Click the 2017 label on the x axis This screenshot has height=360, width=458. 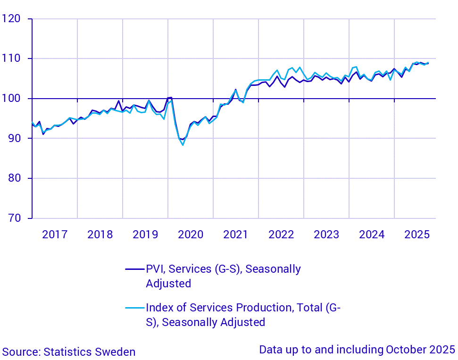coord(55,234)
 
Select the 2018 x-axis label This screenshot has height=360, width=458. coord(100,234)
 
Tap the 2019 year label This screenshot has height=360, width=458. coord(145,234)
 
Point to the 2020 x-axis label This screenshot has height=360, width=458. coord(191,234)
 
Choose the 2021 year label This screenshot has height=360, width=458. coord(236,234)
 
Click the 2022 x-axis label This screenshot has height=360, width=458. coord(281,234)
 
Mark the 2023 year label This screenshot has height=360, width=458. coord(326,234)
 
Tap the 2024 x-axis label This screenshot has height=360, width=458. coord(372,234)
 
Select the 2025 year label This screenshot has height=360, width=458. coord(417,234)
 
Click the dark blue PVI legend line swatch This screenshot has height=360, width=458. coord(134,269)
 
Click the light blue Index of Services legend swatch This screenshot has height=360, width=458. coord(134,308)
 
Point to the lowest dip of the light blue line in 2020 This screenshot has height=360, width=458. coord(183,145)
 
